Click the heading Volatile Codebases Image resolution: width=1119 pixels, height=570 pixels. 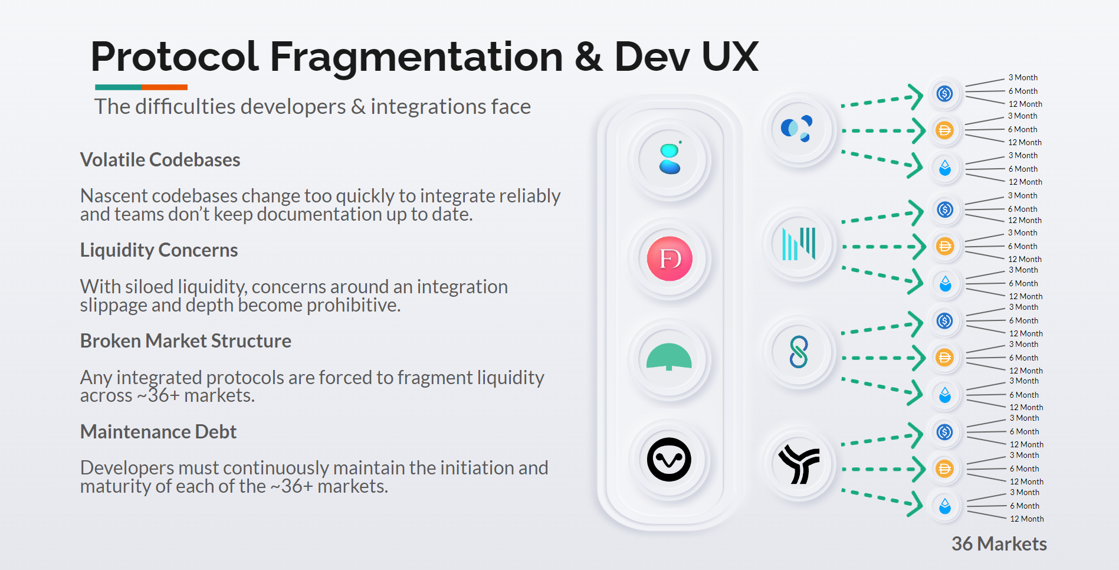[160, 160]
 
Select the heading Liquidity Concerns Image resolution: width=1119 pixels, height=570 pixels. [159, 250]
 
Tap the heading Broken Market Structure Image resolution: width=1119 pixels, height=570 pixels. [186, 341]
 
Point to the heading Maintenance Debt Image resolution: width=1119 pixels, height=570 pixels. [158, 432]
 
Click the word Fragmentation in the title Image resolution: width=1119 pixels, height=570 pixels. [416, 57]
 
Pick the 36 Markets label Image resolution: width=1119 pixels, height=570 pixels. [999, 543]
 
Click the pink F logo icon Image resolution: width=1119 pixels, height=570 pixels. [669, 258]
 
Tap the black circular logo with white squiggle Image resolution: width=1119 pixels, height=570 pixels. [669, 459]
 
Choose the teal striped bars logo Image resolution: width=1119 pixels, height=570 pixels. [798, 244]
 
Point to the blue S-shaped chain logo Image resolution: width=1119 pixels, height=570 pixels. [798, 352]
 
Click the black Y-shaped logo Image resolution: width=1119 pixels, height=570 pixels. [799, 464]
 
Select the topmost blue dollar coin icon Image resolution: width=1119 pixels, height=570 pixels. [944, 93]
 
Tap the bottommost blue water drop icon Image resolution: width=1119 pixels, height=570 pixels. [945, 506]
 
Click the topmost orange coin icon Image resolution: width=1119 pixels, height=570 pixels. [944, 130]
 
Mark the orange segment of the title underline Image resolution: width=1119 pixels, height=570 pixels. [165, 87]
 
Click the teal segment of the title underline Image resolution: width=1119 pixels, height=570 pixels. [119, 87]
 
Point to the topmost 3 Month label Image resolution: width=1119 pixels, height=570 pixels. [1023, 77]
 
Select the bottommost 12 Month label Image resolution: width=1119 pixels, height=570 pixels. [1027, 519]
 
